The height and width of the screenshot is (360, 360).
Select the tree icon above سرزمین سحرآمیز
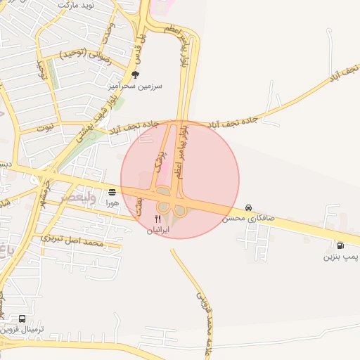[x=135, y=75]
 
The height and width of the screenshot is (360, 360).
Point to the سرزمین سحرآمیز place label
[x=135, y=86]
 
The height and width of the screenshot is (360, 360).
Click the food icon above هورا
[x=112, y=192]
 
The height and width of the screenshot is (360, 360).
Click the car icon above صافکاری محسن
[x=248, y=208]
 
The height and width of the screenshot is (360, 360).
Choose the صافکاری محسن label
[x=248, y=219]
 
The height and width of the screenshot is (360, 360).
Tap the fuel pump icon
[x=341, y=246]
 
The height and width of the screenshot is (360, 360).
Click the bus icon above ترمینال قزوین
[x=22, y=319]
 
